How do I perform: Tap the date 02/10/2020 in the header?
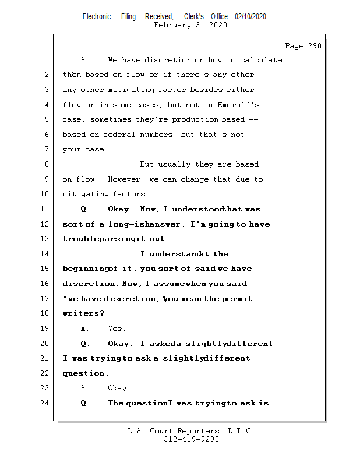250,17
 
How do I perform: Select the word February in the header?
172,25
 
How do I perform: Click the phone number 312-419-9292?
191,439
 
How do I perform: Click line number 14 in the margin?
45,254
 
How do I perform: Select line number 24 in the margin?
45,403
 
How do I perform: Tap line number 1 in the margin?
47,60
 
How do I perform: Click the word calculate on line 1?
261,60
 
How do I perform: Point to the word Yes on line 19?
117,329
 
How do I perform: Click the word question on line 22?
84,373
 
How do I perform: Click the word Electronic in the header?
97,17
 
